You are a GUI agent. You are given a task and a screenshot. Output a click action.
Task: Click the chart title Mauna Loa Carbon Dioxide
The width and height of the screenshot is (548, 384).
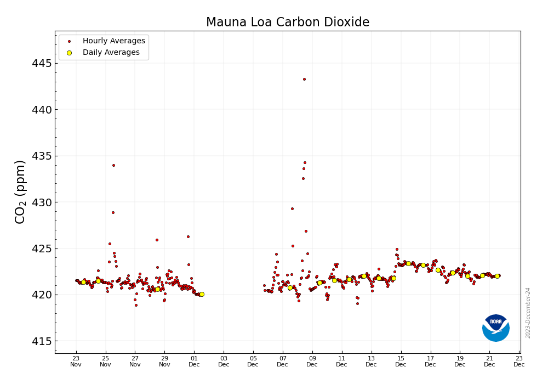[x=288, y=22]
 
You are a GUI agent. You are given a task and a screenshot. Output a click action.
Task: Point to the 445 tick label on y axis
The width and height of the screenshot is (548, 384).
[x=42, y=64]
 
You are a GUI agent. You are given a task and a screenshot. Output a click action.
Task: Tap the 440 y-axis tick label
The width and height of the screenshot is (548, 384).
[x=42, y=110]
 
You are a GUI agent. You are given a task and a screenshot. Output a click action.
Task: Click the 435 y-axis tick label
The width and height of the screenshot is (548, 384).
[x=42, y=156]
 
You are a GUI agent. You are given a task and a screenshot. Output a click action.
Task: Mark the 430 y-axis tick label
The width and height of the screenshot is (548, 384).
[x=42, y=202]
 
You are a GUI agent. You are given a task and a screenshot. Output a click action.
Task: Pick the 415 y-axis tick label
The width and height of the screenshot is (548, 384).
[x=42, y=341]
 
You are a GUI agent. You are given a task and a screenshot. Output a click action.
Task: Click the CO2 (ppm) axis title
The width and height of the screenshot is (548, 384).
[x=20, y=191]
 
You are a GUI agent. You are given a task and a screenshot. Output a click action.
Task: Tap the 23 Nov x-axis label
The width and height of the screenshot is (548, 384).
[x=76, y=361]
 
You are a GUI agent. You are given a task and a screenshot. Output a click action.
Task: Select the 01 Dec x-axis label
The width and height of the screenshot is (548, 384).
[x=194, y=361]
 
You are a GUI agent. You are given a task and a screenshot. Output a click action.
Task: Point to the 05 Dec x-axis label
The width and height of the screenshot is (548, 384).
[x=253, y=361]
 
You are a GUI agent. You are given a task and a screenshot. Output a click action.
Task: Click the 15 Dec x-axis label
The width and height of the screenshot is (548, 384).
[x=401, y=361]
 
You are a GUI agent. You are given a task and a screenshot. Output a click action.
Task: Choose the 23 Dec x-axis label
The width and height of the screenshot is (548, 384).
[x=519, y=361]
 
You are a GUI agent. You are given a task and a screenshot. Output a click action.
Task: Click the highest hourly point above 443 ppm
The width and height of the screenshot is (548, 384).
[x=304, y=79]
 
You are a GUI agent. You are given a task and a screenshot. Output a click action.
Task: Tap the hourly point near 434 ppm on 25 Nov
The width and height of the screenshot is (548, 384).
[x=113, y=165]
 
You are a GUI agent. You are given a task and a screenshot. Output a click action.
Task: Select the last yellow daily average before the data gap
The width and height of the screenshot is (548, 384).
[x=202, y=294]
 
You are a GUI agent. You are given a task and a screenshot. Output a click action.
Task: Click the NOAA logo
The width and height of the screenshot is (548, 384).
[x=496, y=328]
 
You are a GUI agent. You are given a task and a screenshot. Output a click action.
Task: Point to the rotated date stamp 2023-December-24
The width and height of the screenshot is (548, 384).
[x=528, y=313]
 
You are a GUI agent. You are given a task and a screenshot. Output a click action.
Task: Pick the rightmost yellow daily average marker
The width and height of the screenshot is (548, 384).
[x=497, y=276]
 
